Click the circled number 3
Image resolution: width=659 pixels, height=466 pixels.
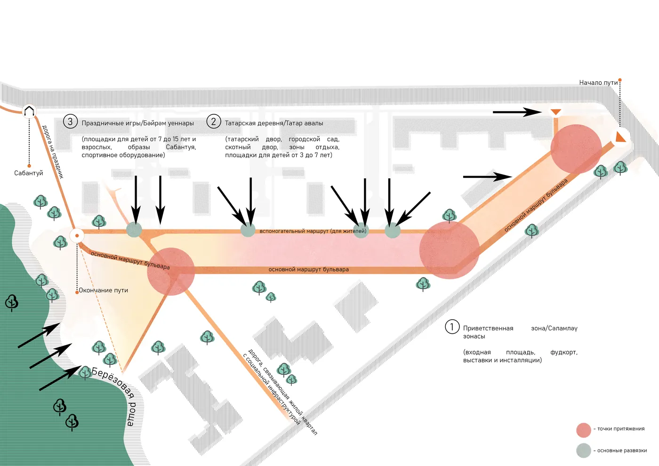coord(70,121)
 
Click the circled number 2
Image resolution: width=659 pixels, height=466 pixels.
coord(214,121)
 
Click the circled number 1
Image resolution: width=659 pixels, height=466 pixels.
coord(452,327)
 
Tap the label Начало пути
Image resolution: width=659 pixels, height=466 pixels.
coord(598,83)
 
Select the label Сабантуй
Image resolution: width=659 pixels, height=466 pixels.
coord(29,173)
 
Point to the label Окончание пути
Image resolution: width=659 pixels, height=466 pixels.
coord(104,290)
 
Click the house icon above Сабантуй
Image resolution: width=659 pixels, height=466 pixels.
coord(29,112)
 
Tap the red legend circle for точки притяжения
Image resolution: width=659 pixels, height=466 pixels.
coord(584,430)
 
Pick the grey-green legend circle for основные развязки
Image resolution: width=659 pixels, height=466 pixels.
coord(584,450)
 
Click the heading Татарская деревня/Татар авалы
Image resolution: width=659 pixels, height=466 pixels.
coord(274,123)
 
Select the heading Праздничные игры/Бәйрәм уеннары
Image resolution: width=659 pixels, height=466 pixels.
coord(137,123)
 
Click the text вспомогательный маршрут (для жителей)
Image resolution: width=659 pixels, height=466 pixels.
coord(313,231)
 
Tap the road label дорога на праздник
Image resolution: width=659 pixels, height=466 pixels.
coord(53,152)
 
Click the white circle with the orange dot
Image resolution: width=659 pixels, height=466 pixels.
coord(77,236)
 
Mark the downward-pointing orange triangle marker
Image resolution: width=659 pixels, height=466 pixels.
coord(556,112)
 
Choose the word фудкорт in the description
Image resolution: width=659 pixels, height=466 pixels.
coord(564,352)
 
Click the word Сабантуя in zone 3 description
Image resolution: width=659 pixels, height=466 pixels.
coord(181,147)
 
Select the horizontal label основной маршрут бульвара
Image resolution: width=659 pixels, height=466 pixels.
coord(309,269)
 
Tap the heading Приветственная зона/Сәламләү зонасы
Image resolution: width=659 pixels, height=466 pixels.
coord(520,332)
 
